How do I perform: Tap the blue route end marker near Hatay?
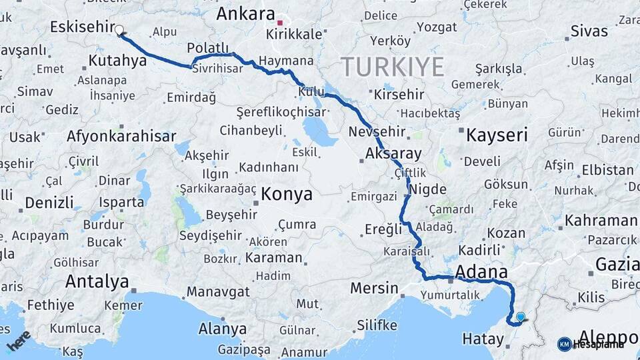[520, 317]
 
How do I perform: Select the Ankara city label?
[246, 13]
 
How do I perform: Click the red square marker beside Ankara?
[281, 21]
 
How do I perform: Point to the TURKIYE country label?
[393, 67]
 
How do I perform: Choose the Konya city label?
[287, 194]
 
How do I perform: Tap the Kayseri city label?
[497, 135]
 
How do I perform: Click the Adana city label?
[481, 272]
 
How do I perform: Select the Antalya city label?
[97, 281]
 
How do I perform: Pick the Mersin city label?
[374, 289]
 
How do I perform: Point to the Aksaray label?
[393, 154]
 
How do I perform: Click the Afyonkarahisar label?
[121, 137]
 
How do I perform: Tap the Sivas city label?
[589, 31]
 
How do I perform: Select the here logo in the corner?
[19, 340]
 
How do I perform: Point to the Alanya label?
[222, 329]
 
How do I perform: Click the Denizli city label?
[49, 203]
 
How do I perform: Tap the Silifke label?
[377, 325]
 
